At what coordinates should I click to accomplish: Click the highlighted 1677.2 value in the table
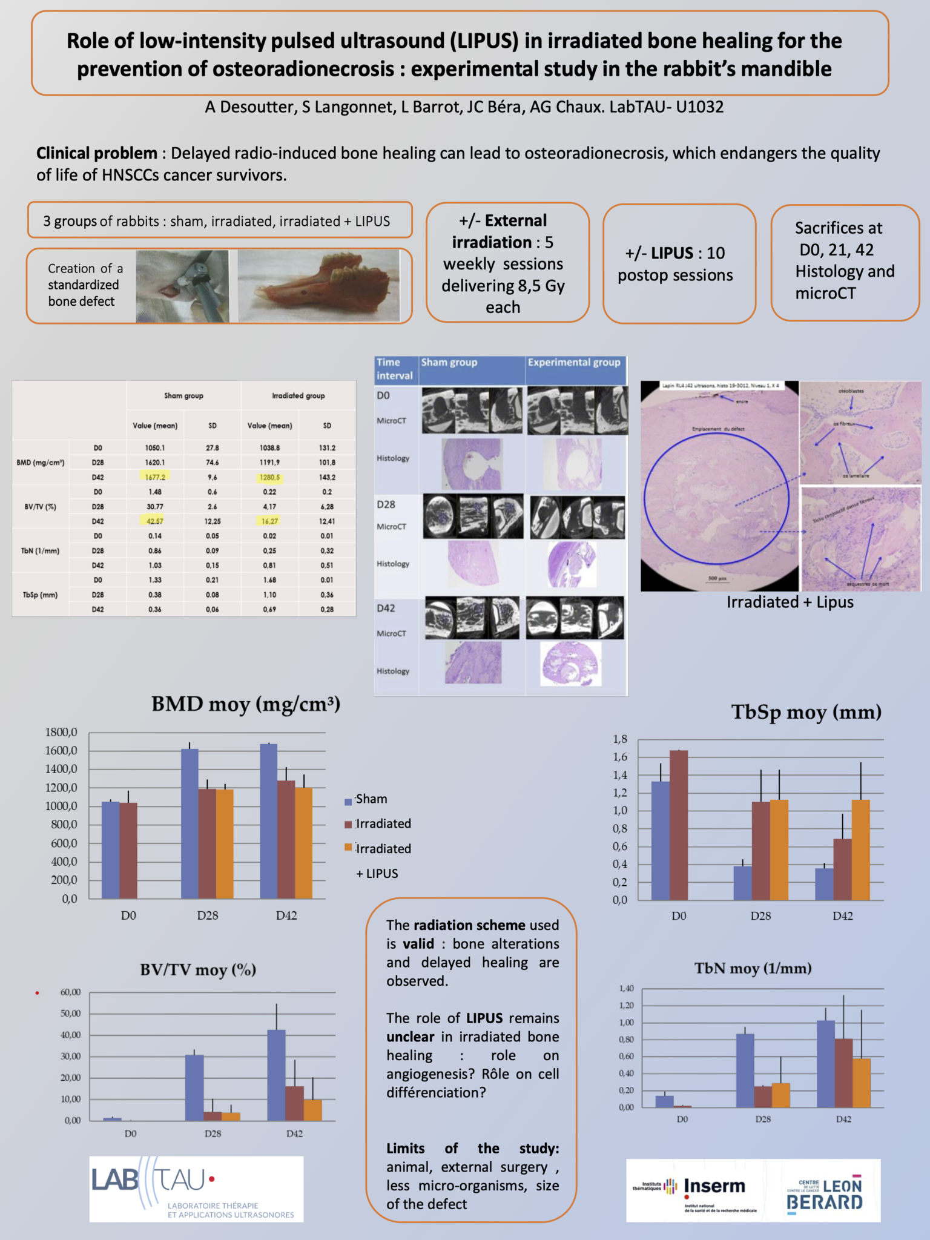pyautogui.click(x=155, y=477)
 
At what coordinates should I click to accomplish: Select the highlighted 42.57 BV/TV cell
pyautogui.click(x=155, y=521)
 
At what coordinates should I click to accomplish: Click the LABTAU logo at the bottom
pyautogui.click(x=196, y=1189)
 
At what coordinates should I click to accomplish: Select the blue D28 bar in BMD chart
pyautogui.click(x=190, y=823)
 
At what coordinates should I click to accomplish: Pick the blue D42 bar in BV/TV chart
pyautogui.click(x=276, y=1075)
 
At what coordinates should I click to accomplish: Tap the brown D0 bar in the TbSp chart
pyautogui.click(x=678, y=825)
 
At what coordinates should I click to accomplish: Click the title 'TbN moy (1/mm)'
pyautogui.click(x=753, y=969)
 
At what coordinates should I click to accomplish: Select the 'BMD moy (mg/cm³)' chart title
pyautogui.click(x=246, y=704)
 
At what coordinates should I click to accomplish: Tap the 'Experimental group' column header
pyautogui.click(x=574, y=363)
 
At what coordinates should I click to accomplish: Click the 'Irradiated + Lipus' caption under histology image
pyautogui.click(x=790, y=602)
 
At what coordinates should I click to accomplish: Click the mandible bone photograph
pyautogui.click(x=319, y=286)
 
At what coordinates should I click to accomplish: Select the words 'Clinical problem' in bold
pyautogui.click(x=97, y=153)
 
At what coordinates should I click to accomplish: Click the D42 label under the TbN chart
pyautogui.click(x=843, y=1120)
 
